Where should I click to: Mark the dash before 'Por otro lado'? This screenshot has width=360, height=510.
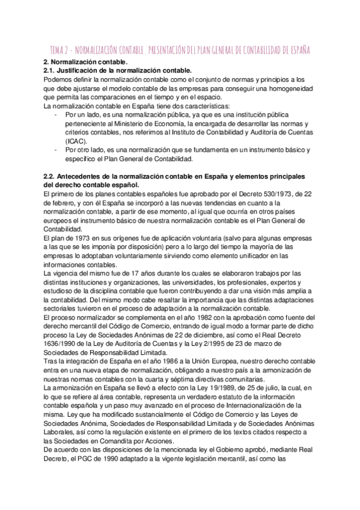pyautogui.click(x=56, y=150)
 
